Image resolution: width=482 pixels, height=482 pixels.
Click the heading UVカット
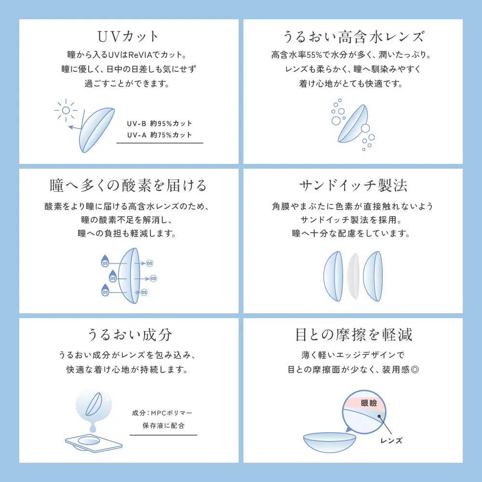pyautogui.click(x=128, y=37)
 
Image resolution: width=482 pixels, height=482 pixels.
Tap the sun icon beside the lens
pyautogui.click(x=66, y=111)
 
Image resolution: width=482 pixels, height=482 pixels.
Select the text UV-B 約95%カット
pyautogui.click(x=160, y=123)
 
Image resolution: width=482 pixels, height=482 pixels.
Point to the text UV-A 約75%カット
pyautogui.click(x=160, y=135)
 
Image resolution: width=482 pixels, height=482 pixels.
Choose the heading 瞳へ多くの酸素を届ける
pyautogui.click(x=128, y=186)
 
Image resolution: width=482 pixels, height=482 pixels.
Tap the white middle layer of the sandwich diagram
pyautogui.click(x=353, y=276)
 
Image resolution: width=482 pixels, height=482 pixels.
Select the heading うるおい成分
pyautogui.click(x=128, y=335)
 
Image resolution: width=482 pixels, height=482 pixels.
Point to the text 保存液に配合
pyautogui.click(x=163, y=426)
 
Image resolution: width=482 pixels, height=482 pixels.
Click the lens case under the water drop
pyautogui.click(x=92, y=442)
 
